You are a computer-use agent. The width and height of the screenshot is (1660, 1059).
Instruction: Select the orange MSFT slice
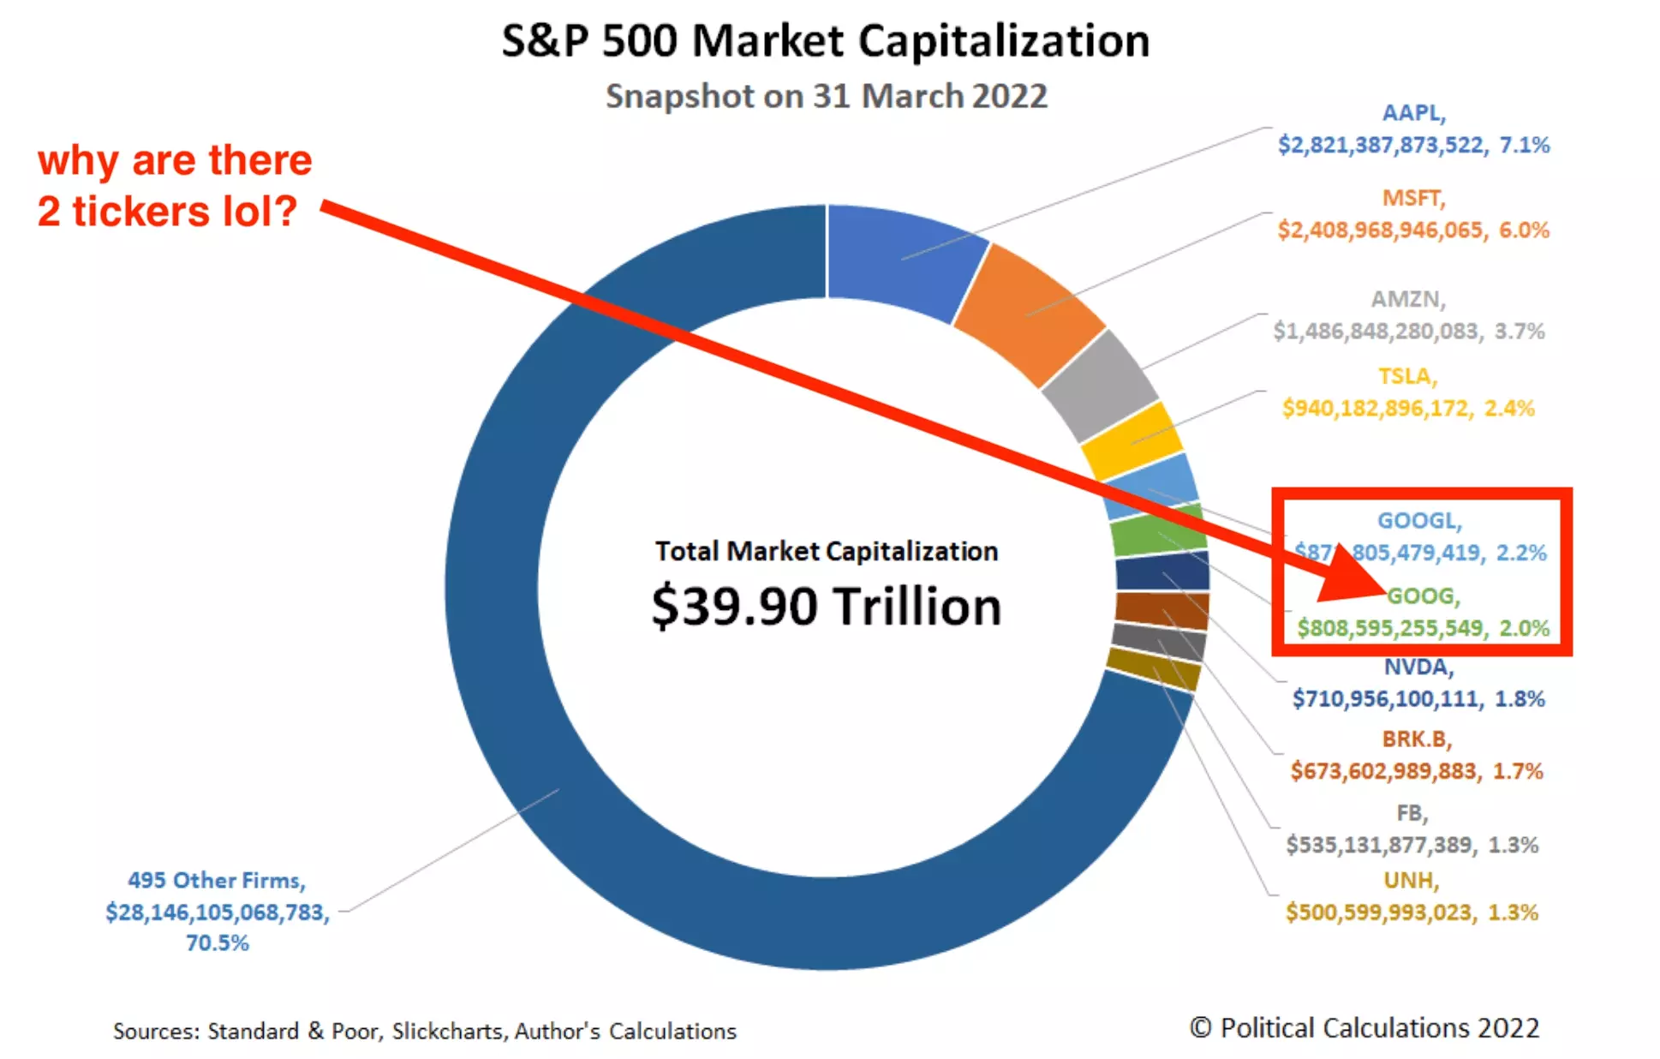[x=1028, y=313]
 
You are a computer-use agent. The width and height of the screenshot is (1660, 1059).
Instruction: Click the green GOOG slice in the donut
[x=1158, y=534]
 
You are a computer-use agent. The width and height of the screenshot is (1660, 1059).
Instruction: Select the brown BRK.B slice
[x=1161, y=610]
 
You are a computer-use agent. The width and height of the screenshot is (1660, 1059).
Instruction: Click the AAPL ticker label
[x=1413, y=113]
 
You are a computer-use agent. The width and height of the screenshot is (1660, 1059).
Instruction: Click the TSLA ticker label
[x=1407, y=376]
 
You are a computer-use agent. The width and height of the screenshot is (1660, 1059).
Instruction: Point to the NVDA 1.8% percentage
[x=1520, y=699]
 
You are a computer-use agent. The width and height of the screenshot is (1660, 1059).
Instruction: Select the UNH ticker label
[x=1411, y=881]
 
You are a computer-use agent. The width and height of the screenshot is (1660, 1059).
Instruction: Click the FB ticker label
[x=1412, y=812]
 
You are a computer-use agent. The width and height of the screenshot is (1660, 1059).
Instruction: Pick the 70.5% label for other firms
[x=218, y=943]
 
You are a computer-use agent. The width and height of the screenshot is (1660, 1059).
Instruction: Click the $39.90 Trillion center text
[x=826, y=607]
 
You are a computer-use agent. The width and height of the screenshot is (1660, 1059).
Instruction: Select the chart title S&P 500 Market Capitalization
[x=826, y=41]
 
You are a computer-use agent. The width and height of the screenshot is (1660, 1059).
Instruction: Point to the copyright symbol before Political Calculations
[x=1201, y=1027]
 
